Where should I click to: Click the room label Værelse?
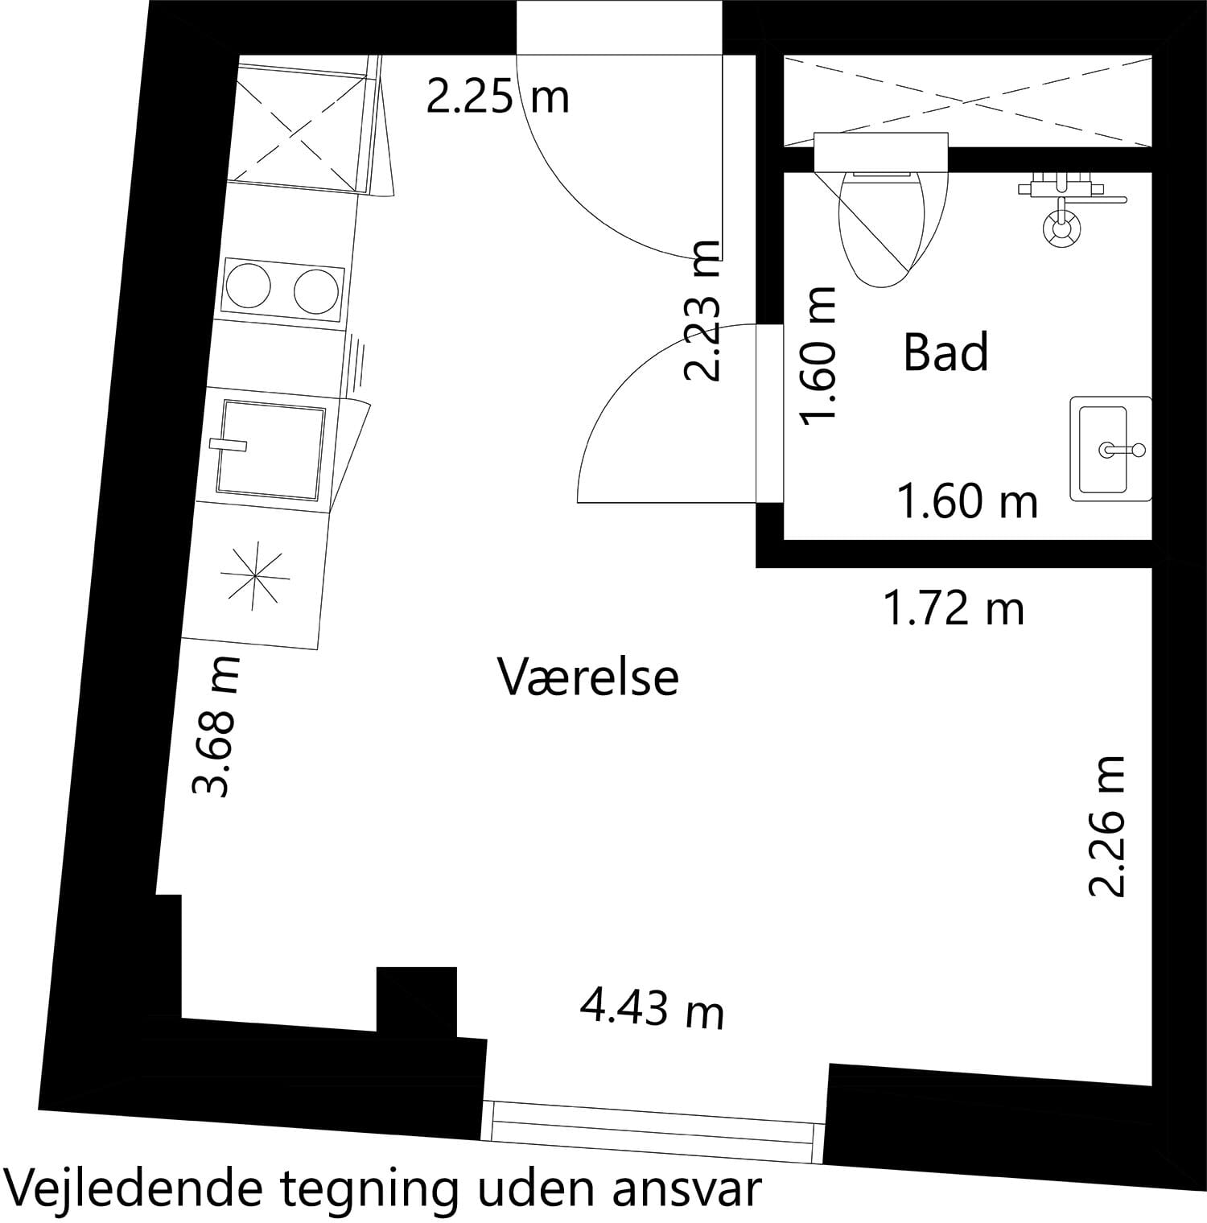point(588,677)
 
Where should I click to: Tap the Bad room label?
point(945,352)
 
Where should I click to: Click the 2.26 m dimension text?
point(1106,826)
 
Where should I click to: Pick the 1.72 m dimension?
point(954,607)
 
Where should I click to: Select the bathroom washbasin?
point(1110,449)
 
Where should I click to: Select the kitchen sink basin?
point(270,450)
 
